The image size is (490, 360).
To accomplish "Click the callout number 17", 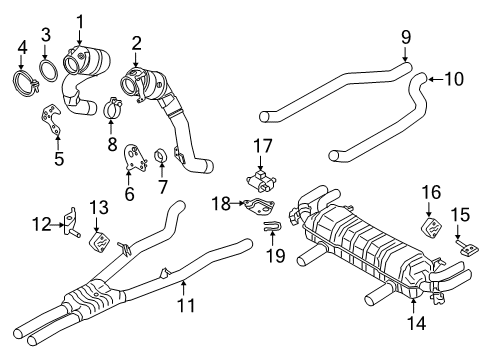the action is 263,146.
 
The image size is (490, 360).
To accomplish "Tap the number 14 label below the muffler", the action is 417,323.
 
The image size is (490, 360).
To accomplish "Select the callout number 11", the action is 186,305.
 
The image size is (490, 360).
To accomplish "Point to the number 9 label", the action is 406,37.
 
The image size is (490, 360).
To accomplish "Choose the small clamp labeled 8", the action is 113,107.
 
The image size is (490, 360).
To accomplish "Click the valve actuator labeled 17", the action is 261,181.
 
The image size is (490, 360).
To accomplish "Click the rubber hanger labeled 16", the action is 430,227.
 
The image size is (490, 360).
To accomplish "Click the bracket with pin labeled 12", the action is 71,222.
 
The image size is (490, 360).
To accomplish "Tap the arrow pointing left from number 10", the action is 436,79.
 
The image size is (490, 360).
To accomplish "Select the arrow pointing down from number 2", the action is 136,59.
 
